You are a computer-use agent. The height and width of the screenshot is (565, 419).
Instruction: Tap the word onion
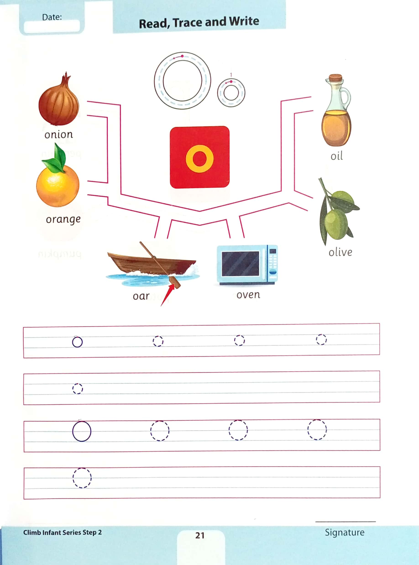click(59, 134)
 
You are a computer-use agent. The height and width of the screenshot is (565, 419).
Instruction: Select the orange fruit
click(58, 186)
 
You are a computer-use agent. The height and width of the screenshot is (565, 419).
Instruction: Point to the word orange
click(63, 219)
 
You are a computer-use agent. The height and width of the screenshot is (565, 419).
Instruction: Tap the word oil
click(337, 156)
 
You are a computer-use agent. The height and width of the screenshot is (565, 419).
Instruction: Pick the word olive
click(340, 252)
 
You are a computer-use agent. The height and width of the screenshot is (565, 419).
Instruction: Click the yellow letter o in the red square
click(200, 159)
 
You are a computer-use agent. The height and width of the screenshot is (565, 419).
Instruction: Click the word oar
click(141, 296)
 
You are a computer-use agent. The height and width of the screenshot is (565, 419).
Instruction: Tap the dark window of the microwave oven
click(241, 263)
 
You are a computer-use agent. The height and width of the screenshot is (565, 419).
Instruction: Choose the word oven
click(248, 295)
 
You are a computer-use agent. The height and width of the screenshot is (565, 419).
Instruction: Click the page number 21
click(200, 535)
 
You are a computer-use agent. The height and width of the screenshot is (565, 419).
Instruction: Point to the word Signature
click(345, 532)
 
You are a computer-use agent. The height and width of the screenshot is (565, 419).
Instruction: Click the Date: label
click(52, 17)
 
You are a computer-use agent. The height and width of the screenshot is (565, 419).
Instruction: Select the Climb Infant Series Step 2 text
click(62, 532)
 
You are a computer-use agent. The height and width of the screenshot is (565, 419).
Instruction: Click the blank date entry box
click(52, 26)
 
